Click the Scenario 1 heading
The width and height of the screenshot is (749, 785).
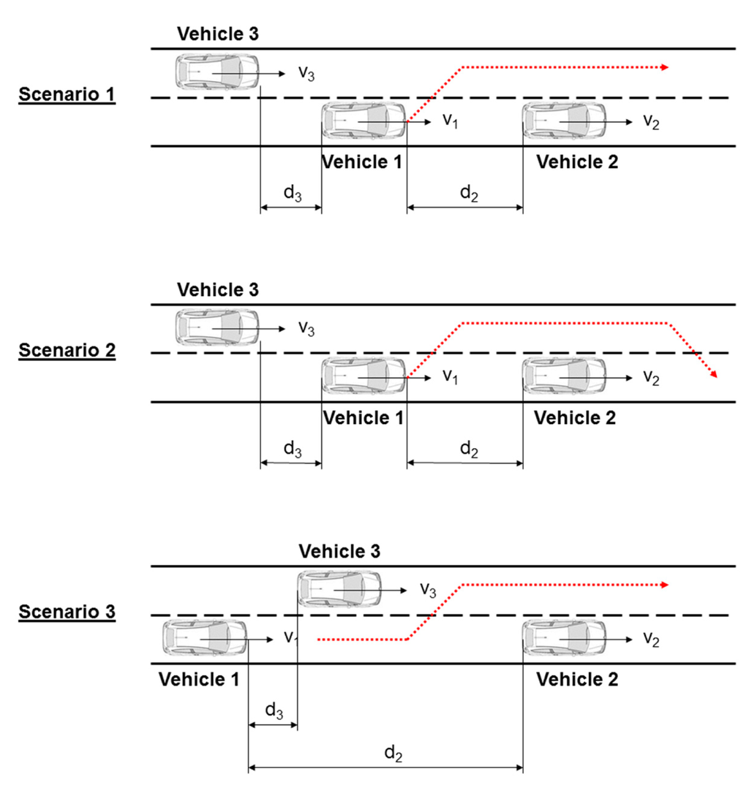click(67, 95)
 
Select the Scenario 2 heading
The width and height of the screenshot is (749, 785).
click(67, 350)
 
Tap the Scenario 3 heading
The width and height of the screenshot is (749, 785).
click(67, 612)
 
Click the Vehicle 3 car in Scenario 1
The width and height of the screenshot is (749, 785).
click(217, 72)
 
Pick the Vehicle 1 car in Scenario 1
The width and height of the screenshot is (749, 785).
click(364, 121)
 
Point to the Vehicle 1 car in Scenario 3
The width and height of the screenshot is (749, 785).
click(203, 639)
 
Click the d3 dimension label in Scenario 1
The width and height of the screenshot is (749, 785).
click(292, 195)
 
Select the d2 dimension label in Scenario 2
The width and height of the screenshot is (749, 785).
click(468, 450)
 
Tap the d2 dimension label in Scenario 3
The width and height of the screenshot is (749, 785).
click(394, 754)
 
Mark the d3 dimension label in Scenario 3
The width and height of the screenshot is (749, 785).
click(274, 711)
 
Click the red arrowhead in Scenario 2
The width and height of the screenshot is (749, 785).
click(712, 373)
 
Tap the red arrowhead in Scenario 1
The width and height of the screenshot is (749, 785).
click(664, 67)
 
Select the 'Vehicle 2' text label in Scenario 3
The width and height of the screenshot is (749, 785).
click(577, 680)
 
